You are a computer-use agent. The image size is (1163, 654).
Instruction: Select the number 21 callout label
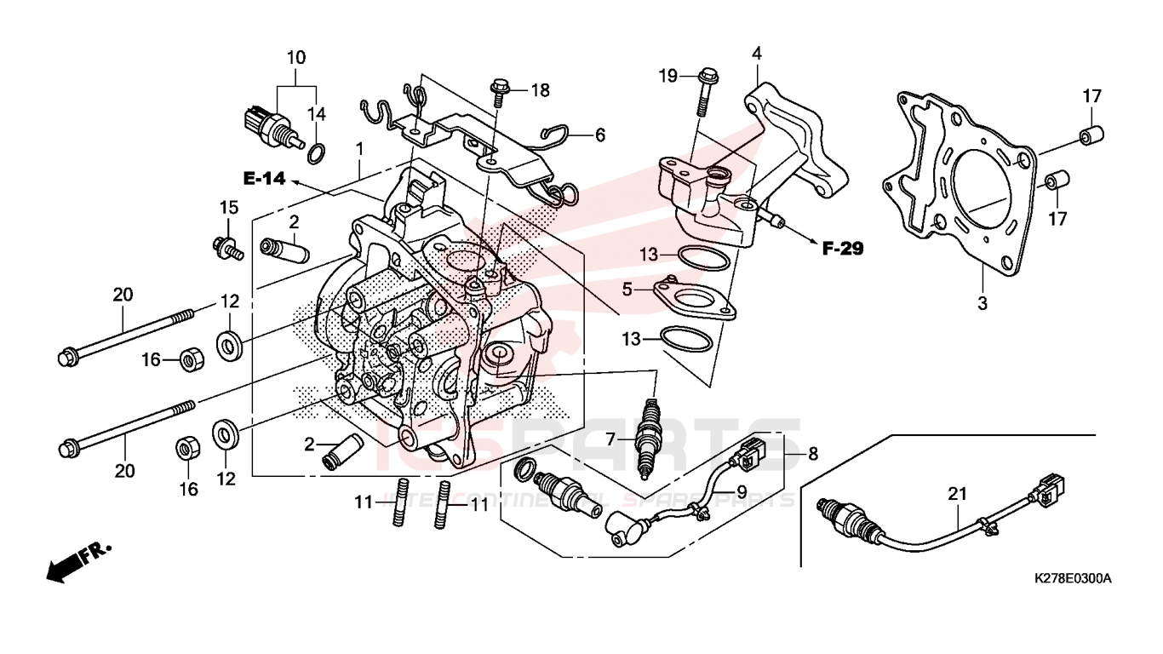[x=958, y=493]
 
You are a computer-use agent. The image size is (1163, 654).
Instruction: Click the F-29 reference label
[x=842, y=249]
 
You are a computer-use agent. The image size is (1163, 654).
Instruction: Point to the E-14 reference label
[x=265, y=179]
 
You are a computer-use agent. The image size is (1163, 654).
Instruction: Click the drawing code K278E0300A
[x=1073, y=579]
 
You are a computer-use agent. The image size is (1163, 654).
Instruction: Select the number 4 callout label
[x=756, y=54]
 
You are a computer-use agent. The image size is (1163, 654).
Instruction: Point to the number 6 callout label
[x=599, y=135]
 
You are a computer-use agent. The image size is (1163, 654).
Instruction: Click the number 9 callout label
[x=742, y=491]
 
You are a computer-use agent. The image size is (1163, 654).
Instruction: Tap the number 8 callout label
[x=813, y=454]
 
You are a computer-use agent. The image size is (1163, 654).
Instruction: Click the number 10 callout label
[x=295, y=58]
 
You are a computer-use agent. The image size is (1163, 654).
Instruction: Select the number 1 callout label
[x=359, y=149]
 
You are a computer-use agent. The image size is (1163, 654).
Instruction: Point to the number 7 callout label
[x=610, y=439]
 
